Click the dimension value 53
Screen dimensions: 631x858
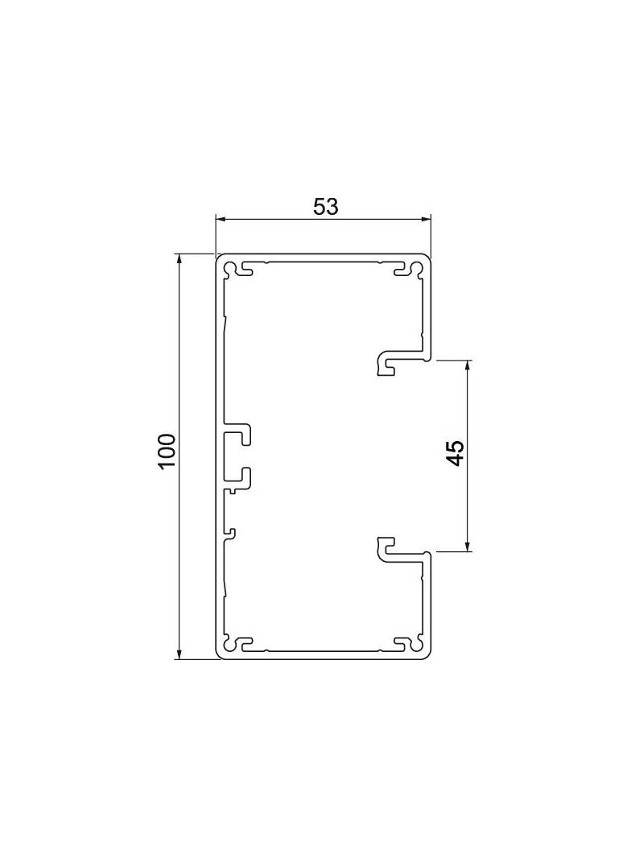(326, 206)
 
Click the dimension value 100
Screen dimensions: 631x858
(166, 451)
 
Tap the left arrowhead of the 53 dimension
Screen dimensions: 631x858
(221, 220)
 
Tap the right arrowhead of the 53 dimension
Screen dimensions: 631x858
(425, 220)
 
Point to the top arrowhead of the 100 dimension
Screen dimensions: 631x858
(179, 261)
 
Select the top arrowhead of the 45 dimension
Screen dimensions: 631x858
(468, 366)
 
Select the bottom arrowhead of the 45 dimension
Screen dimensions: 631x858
(468, 544)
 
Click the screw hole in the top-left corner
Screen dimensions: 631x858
(229, 267)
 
